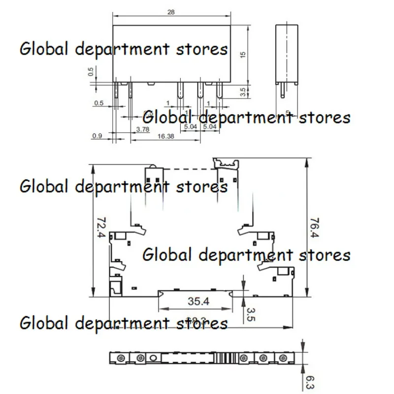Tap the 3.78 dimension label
coord(142,129)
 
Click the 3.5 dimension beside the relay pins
coord(242,91)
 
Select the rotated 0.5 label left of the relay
coord(91,72)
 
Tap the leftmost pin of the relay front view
coord(116,91)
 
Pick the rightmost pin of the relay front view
coord(219,91)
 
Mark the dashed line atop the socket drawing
coord(190,168)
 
